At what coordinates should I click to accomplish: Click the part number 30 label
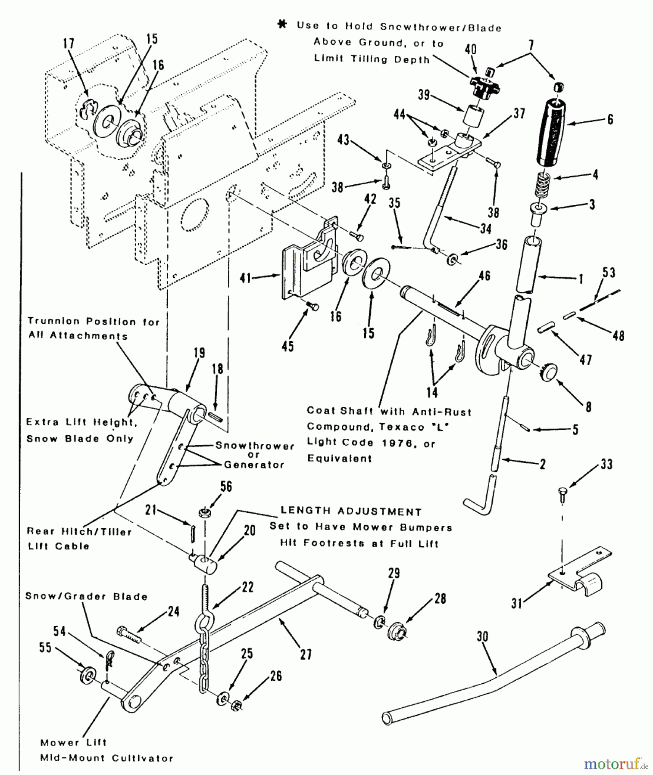click(x=482, y=636)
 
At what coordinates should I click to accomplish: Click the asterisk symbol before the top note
click(x=282, y=25)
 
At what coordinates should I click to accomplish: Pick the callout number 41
click(x=245, y=279)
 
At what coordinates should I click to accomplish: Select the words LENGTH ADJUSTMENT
click(x=351, y=512)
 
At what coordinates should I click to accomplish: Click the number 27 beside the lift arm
click(x=306, y=654)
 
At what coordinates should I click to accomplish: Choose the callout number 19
click(x=199, y=353)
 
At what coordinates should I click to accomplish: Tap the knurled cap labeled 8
click(x=548, y=372)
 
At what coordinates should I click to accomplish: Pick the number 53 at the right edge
click(x=609, y=273)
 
